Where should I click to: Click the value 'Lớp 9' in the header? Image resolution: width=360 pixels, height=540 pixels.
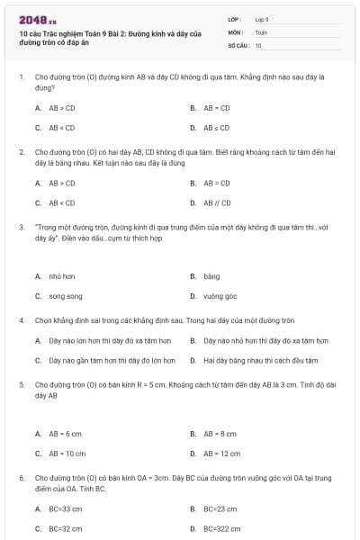262,19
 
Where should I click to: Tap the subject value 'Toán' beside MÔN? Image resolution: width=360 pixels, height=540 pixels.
261,31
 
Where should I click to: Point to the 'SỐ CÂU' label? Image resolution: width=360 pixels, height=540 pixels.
238,45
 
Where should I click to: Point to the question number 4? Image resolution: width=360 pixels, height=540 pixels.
22,320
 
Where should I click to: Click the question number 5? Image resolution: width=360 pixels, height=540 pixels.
22,384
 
